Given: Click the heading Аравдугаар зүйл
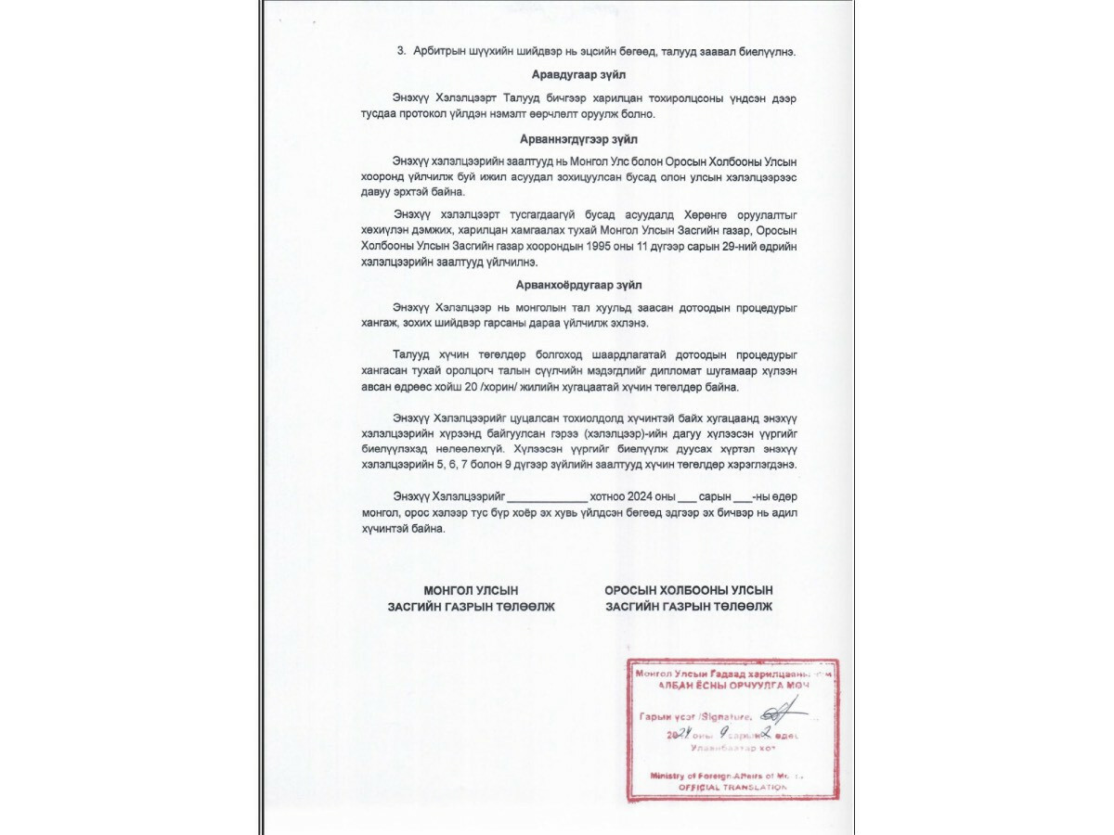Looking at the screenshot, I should [x=577, y=73].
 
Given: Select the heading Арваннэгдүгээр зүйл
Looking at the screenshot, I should [x=577, y=138].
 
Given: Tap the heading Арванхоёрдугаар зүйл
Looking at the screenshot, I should [x=578, y=285].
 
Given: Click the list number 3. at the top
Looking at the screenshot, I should [x=401, y=52].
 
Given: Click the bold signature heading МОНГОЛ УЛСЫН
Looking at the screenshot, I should [x=471, y=590].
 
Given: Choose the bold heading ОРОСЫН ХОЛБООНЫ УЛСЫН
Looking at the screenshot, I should [x=688, y=590].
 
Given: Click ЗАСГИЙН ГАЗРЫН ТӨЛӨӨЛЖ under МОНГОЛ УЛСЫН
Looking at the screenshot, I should [x=471, y=607].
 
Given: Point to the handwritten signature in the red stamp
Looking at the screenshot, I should [x=776, y=713].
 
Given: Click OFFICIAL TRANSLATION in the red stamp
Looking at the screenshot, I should [x=732, y=787].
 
